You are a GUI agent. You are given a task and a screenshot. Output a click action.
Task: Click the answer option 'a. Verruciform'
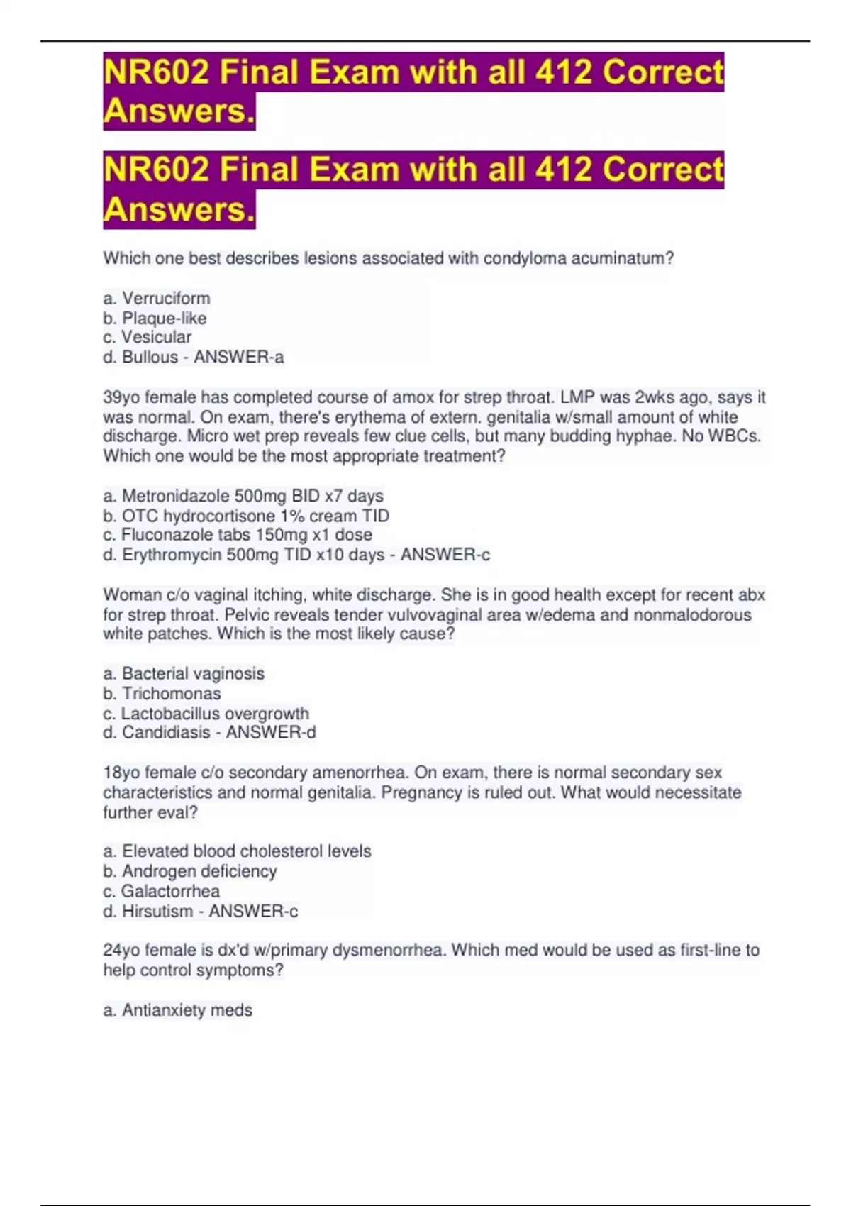(157, 298)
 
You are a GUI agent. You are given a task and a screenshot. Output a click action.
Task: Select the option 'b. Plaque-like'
(155, 318)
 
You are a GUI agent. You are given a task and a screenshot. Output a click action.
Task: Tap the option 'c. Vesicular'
(147, 337)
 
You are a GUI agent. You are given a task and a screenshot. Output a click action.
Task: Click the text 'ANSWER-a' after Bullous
(239, 357)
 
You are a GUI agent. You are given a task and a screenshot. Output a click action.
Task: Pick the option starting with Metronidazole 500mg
(243, 495)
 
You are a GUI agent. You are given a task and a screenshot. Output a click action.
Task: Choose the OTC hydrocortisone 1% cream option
(246, 515)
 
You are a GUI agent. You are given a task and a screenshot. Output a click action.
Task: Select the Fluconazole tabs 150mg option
(238, 534)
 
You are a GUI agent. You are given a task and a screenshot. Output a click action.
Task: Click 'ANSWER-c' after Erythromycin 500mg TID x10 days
(445, 554)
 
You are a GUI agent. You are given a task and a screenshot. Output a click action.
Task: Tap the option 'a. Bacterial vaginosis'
(184, 673)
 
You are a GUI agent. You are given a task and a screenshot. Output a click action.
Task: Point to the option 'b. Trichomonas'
(162, 693)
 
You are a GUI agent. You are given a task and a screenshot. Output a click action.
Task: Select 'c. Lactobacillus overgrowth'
(206, 713)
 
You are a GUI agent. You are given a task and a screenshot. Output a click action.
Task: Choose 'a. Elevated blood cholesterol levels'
(237, 851)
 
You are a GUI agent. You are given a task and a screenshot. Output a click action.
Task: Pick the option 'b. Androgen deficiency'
(190, 870)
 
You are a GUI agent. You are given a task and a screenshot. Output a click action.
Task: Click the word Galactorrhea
(170, 891)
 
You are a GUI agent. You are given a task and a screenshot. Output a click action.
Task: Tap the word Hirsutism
(157, 911)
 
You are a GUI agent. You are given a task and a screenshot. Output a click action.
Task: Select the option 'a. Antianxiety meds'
(177, 1009)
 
